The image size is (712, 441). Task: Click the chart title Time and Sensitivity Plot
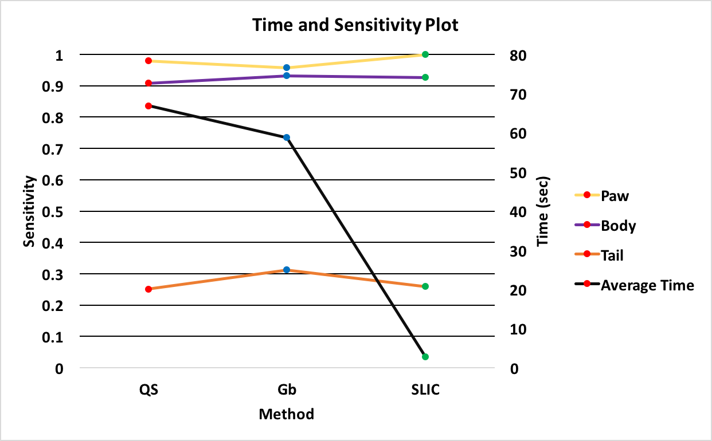pos(355,26)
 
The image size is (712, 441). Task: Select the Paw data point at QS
pos(148,61)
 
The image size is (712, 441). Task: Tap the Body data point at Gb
pos(287,76)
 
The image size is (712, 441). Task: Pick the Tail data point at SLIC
pos(425,286)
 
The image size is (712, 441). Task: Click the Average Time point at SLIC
pos(425,357)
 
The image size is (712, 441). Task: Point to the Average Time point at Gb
pos(287,137)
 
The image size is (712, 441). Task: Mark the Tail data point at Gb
pos(287,270)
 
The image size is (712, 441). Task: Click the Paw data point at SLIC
pos(425,54)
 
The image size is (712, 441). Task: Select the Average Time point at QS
pos(148,106)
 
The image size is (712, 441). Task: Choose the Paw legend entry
pos(615,196)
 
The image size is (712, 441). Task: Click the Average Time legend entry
pos(647,285)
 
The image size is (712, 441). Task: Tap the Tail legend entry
pos(612,255)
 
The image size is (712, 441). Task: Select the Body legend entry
pos(618,226)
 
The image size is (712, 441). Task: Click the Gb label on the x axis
pos(287,391)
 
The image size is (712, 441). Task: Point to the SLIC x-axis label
pos(425,391)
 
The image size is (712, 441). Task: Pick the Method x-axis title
pos(287,414)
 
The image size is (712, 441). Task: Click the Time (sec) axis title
pos(543,211)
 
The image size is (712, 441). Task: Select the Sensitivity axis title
pos(30,211)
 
